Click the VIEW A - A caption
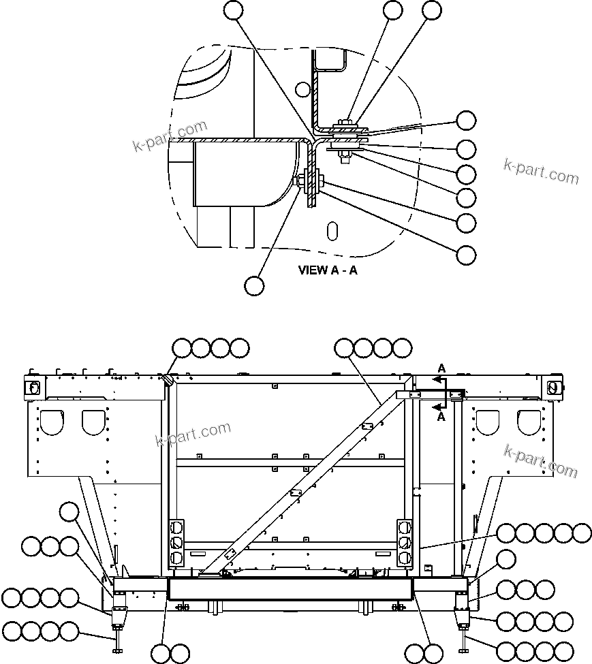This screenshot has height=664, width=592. tap(328, 270)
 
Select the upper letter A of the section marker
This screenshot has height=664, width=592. tap(441, 368)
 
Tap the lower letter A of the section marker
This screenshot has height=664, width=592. tap(441, 417)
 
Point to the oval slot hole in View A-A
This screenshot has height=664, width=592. tap(332, 230)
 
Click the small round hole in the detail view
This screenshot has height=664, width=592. tap(303, 89)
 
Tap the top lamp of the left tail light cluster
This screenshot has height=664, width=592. tap(176, 527)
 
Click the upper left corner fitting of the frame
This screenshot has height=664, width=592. tap(33, 387)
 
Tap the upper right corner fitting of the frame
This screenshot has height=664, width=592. tap(554, 387)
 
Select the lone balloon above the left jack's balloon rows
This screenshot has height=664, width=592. tap(69, 511)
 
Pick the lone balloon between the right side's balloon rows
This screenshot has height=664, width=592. tap(506, 560)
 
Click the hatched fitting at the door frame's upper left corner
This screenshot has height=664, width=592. tap(166, 379)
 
